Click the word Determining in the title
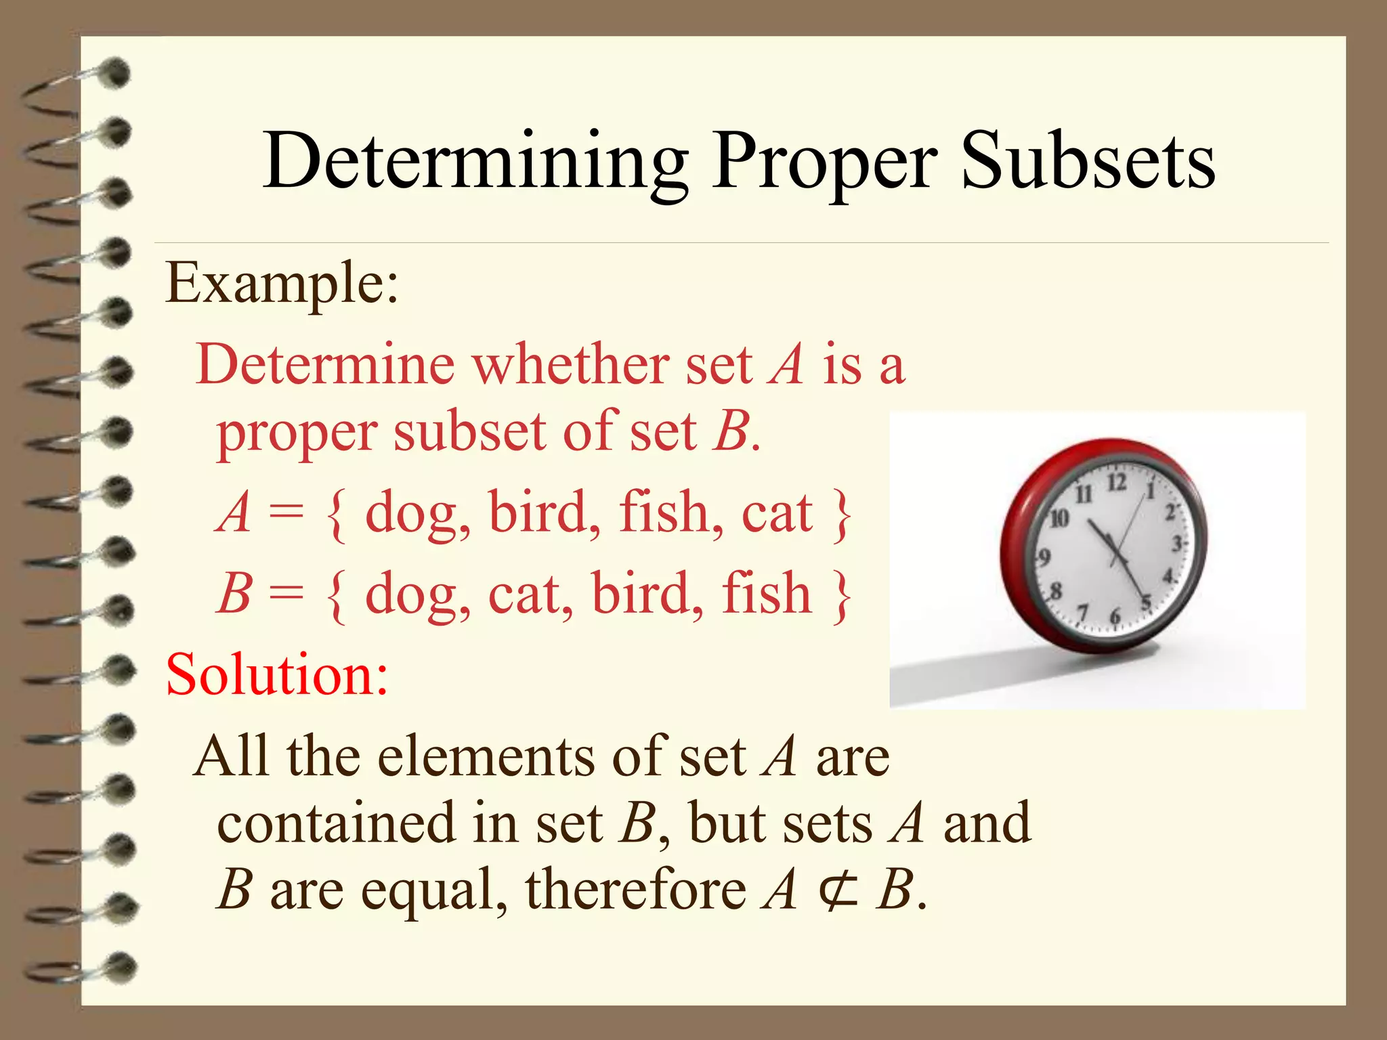click(475, 162)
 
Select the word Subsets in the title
click(1088, 162)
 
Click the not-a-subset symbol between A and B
click(838, 890)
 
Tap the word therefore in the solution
click(636, 890)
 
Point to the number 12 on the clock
click(1117, 483)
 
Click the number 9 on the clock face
click(1044, 557)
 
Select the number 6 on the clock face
click(1115, 616)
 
